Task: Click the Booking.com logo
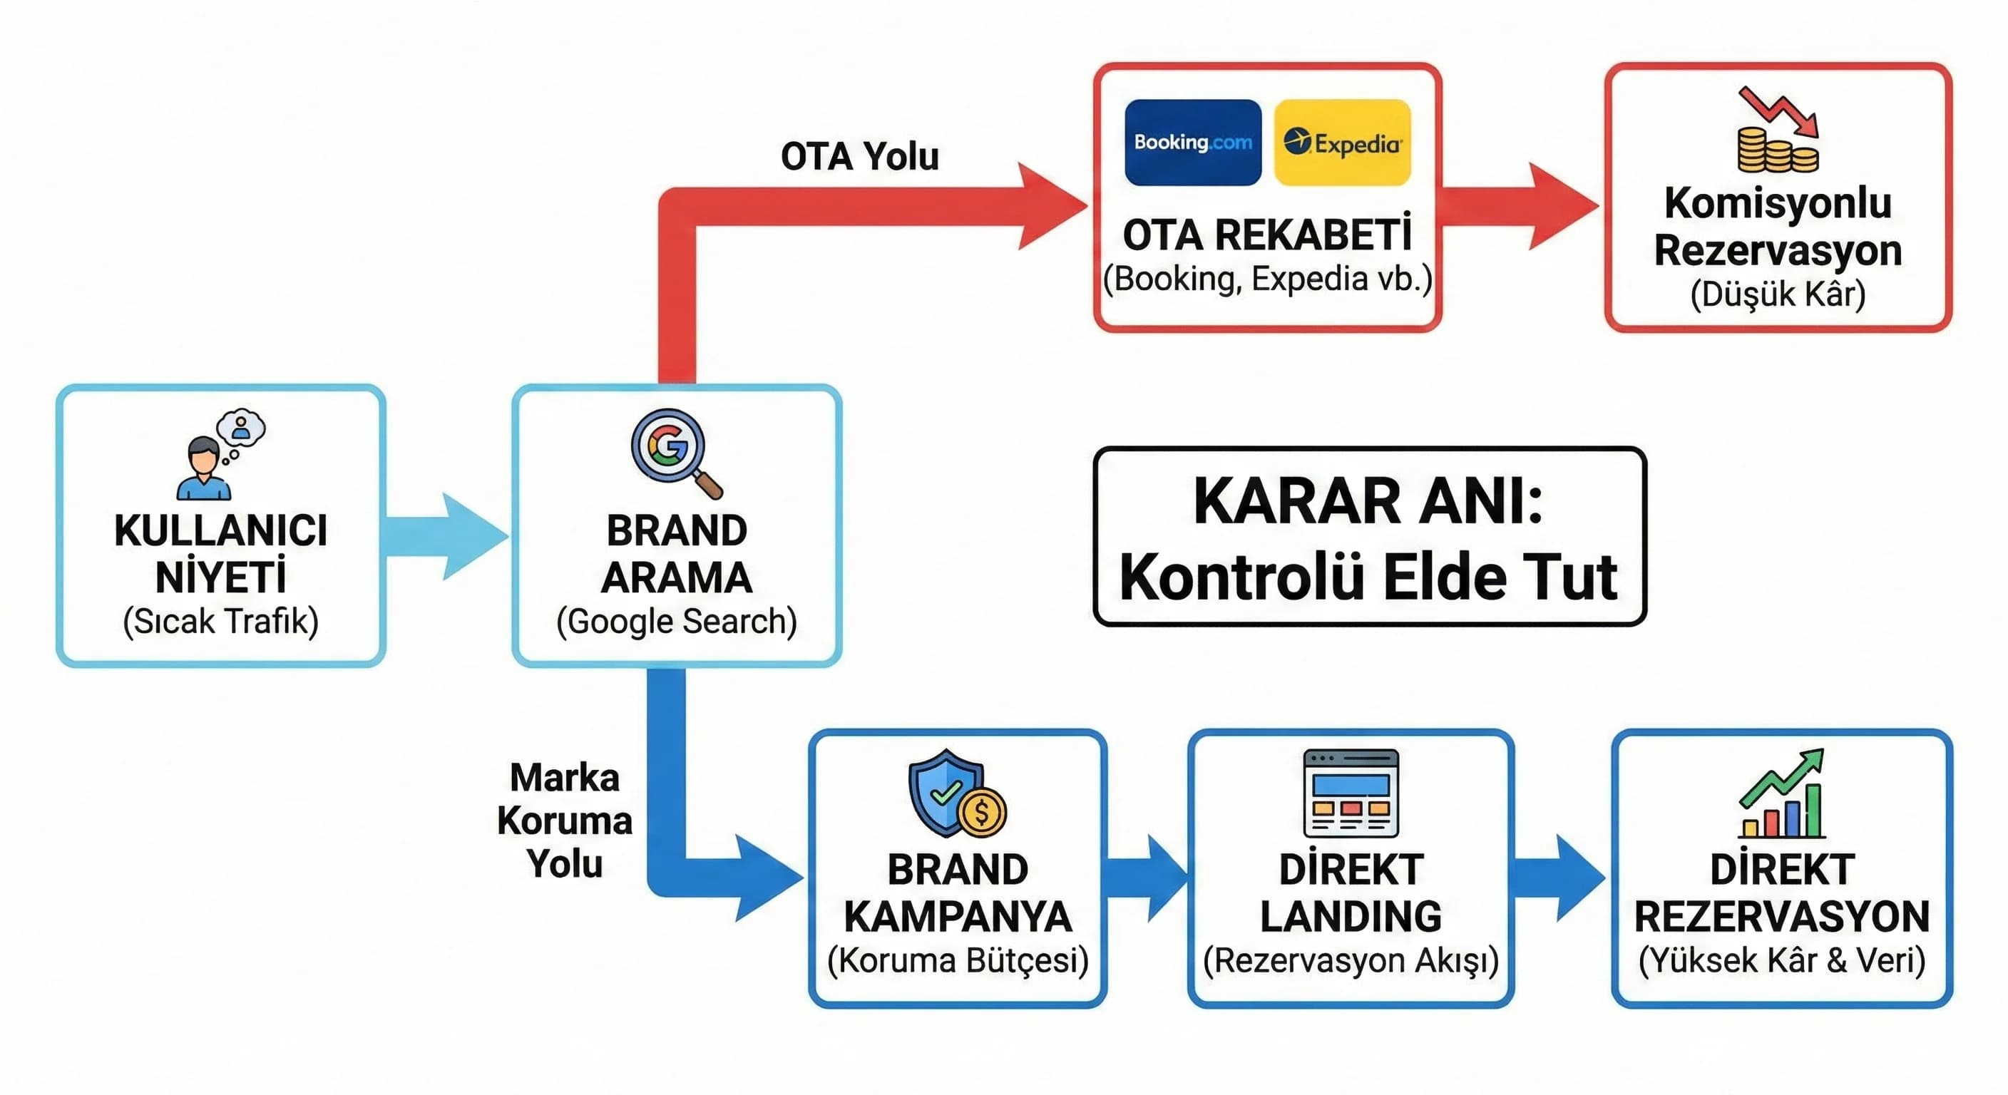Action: pyautogui.click(x=1193, y=143)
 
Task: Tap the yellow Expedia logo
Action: pyautogui.click(x=1341, y=143)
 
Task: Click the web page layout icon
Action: pyautogui.click(x=1351, y=793)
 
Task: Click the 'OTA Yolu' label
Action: pyautogui.click(x=860, y=157)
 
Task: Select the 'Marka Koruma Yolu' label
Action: pyautogui.click(x=564, y=821)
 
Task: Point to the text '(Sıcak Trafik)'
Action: pyautogui.click(x=220, y=621)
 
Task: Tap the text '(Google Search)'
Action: pyautogui.click(x=677, y=621)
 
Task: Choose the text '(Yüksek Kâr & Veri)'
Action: pyautogui.click(x=1782, y=960)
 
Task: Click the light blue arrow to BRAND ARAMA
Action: pyautogui.click(x=449, y=536)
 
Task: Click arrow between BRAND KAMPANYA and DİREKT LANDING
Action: pyautogui.click(x=1146, y=878)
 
